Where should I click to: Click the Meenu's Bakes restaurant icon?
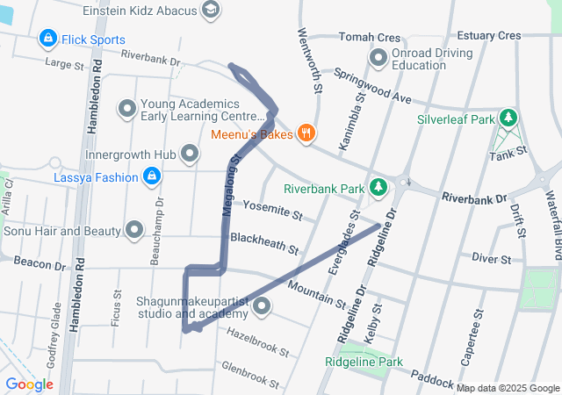(306, 133)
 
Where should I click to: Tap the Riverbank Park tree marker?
(378, 188)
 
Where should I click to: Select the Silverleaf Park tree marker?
(508, 118)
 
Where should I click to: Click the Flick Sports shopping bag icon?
(47, 39)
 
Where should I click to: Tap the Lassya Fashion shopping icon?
(152, 177)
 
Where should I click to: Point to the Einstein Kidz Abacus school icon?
(210, 9)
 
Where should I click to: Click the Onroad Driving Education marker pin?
(378, 59)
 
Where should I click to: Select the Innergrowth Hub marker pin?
(190, 154)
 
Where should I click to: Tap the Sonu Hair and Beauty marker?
(134, 231)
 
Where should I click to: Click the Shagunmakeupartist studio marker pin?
(261, 307)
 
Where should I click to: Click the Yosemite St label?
(272, 211)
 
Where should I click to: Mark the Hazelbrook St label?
(258, 343)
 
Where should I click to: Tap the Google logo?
(29, 384)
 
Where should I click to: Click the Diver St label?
(491, 258)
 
